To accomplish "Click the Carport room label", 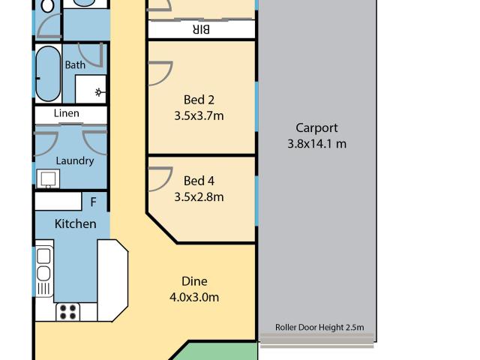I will click(316, 127).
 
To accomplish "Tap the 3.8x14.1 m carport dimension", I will click(316, 144).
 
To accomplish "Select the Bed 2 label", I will click(199, 100).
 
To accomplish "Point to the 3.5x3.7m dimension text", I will click(199, 115).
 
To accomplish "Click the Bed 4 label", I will click(199, 181).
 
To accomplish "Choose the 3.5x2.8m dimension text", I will click(199, 197).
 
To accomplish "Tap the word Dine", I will click(194, 281).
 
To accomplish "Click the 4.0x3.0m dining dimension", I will click(194, 297).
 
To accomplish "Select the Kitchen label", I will click(75, 223).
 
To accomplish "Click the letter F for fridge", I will click(94, 202).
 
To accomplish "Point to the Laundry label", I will click(75, 160).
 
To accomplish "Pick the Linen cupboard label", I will click(67, 114).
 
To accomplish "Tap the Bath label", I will click(75, 65).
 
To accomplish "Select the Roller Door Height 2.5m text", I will click(319, 327).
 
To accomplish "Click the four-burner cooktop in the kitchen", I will click(68, 310).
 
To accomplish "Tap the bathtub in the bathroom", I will click(48, 75).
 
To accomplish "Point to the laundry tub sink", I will click(48, 178).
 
